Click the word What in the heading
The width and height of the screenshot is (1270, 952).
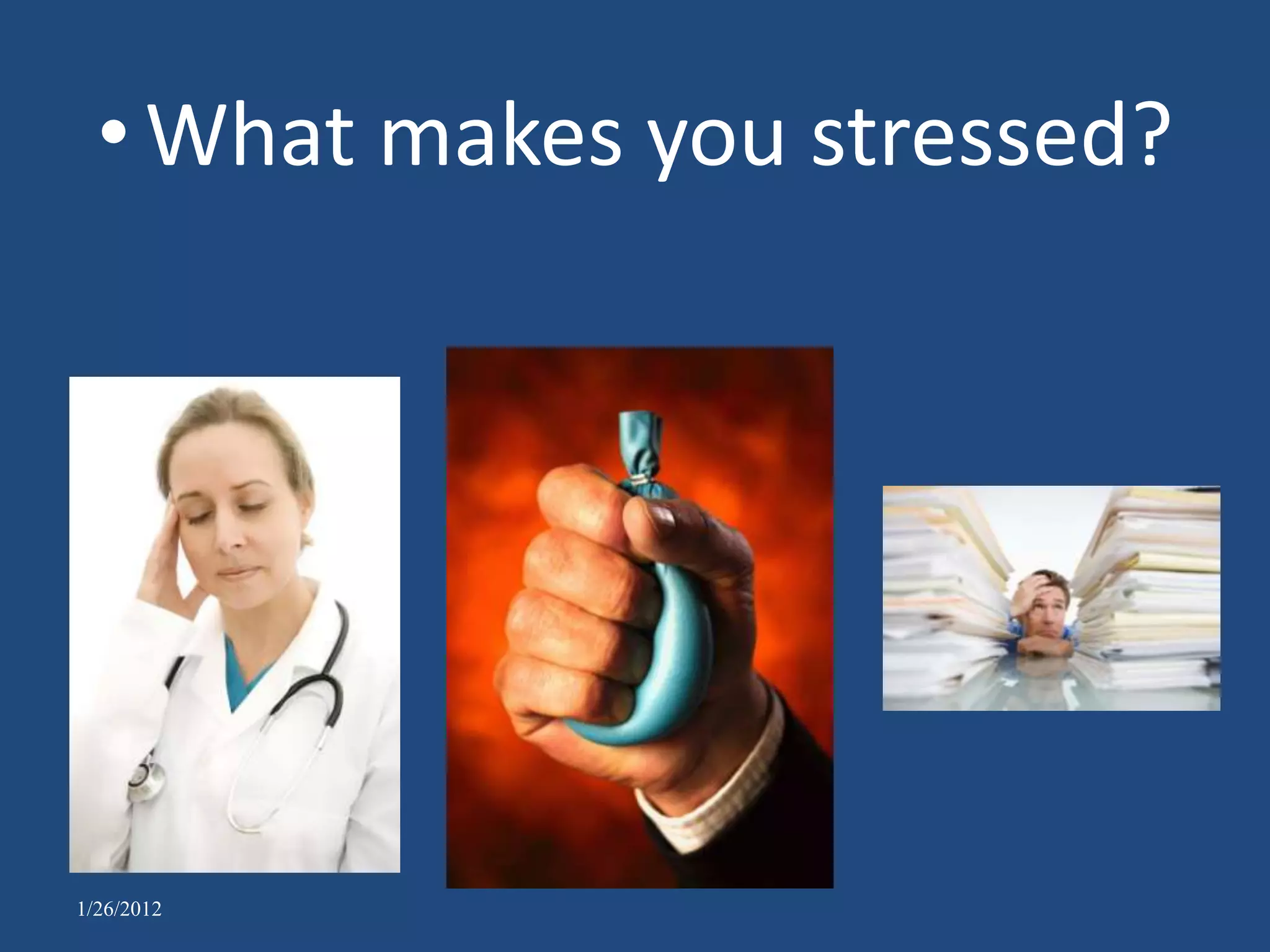click(x=251, y=136)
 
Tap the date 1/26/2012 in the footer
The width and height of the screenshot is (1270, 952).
click(x=119, y=909)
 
